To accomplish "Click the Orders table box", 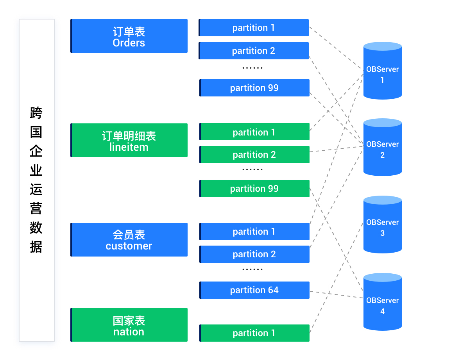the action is [129, 36].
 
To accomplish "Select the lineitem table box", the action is [129, 140].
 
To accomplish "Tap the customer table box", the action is [129, 240].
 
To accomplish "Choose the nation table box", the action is [129, 325].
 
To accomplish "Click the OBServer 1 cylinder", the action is [383, 71].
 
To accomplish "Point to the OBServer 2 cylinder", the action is [383, 147].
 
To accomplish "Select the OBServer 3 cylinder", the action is [383, 225].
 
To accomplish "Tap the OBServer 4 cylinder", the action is [383, 302].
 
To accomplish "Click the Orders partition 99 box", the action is [254, 88].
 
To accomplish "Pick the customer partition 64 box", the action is [254, 290].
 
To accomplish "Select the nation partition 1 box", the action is [254, 333].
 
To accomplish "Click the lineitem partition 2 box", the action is [254, 155].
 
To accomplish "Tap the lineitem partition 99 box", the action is [254, 189].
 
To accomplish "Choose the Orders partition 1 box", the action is [254, 28].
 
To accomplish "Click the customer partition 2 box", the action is [254, 254].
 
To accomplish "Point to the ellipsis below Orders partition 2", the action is [252, 68].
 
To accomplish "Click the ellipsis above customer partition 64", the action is [252, 269].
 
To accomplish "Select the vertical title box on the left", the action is [37, 180].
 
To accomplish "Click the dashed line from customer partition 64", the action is [337, 295].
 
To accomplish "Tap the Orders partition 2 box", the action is [254, 51].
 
